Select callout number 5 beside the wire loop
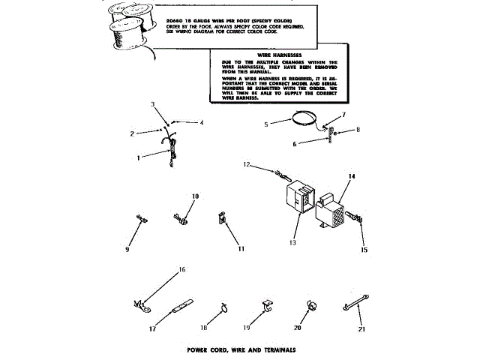267,124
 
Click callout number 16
181,268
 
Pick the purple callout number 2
132,133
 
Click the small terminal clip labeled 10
180,217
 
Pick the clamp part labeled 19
266,305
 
